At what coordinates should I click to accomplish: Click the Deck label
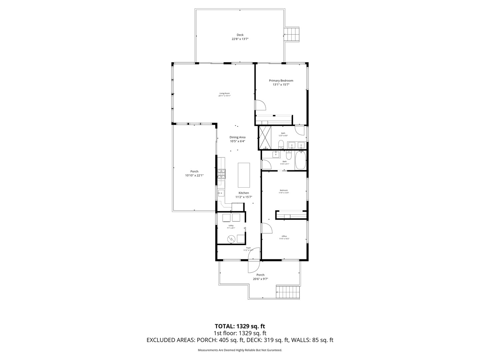[240, 35]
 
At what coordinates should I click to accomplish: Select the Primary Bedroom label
[281, 81]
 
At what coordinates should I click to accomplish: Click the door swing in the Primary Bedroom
[260, 105]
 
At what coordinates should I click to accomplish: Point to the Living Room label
[224, 93]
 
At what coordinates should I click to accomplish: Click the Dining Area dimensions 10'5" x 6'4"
[237, 141]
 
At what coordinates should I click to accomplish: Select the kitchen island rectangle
[244, 175]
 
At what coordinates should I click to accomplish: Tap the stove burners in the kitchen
[221, 174]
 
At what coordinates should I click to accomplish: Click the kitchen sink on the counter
[221, 193]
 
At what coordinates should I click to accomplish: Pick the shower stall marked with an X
[266, 137]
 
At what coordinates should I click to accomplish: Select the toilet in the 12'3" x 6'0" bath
[281, 144]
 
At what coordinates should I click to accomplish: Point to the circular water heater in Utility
[231, 239]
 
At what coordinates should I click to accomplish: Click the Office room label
[284, 236]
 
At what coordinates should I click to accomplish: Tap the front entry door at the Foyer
[253, 265]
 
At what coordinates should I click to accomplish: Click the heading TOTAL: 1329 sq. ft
[240, 326]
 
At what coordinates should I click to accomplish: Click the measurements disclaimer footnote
[240, 350]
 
